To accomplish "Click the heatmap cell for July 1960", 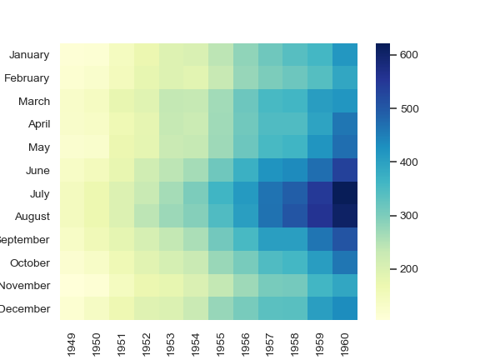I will click(345, 193).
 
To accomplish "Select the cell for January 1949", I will click(72, 55).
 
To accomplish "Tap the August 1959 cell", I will click(320, 216).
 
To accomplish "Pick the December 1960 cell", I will click(345, 308).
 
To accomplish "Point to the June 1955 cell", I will click(221, 170).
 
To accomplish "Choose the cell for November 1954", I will click(197, 285).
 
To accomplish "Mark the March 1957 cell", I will click(271, 101).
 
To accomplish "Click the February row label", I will click(27, 78).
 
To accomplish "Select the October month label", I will click(31, 262).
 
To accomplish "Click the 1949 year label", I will click(72, 342).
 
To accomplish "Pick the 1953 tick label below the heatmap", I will click(172, 342).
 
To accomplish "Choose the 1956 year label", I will click(246, 342).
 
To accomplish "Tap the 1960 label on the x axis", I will click(345, 342).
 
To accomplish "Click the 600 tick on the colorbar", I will click(409, 55).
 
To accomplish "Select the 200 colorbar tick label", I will click(409, 269).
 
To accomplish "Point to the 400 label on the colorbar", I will click(409, 162).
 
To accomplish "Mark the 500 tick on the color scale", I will click(409, 108).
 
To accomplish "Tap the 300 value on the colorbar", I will click(409, 216).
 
